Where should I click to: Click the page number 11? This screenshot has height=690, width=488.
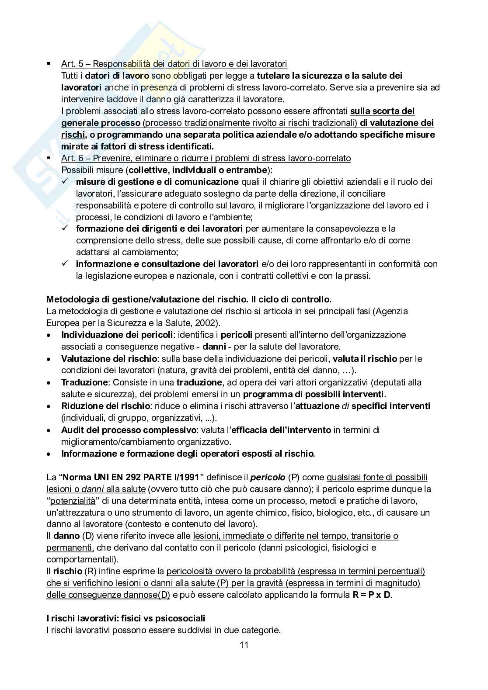(x=244, y=645)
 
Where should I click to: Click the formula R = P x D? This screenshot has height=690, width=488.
(x=372, y=595)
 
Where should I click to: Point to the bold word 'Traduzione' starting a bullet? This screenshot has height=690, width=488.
(x=84, y=382)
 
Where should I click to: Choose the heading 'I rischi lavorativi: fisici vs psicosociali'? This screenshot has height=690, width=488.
(x=125, y=618)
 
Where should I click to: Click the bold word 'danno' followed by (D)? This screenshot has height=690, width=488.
(x=66, y=536)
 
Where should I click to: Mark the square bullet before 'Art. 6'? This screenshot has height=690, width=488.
(x=49, y=158)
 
